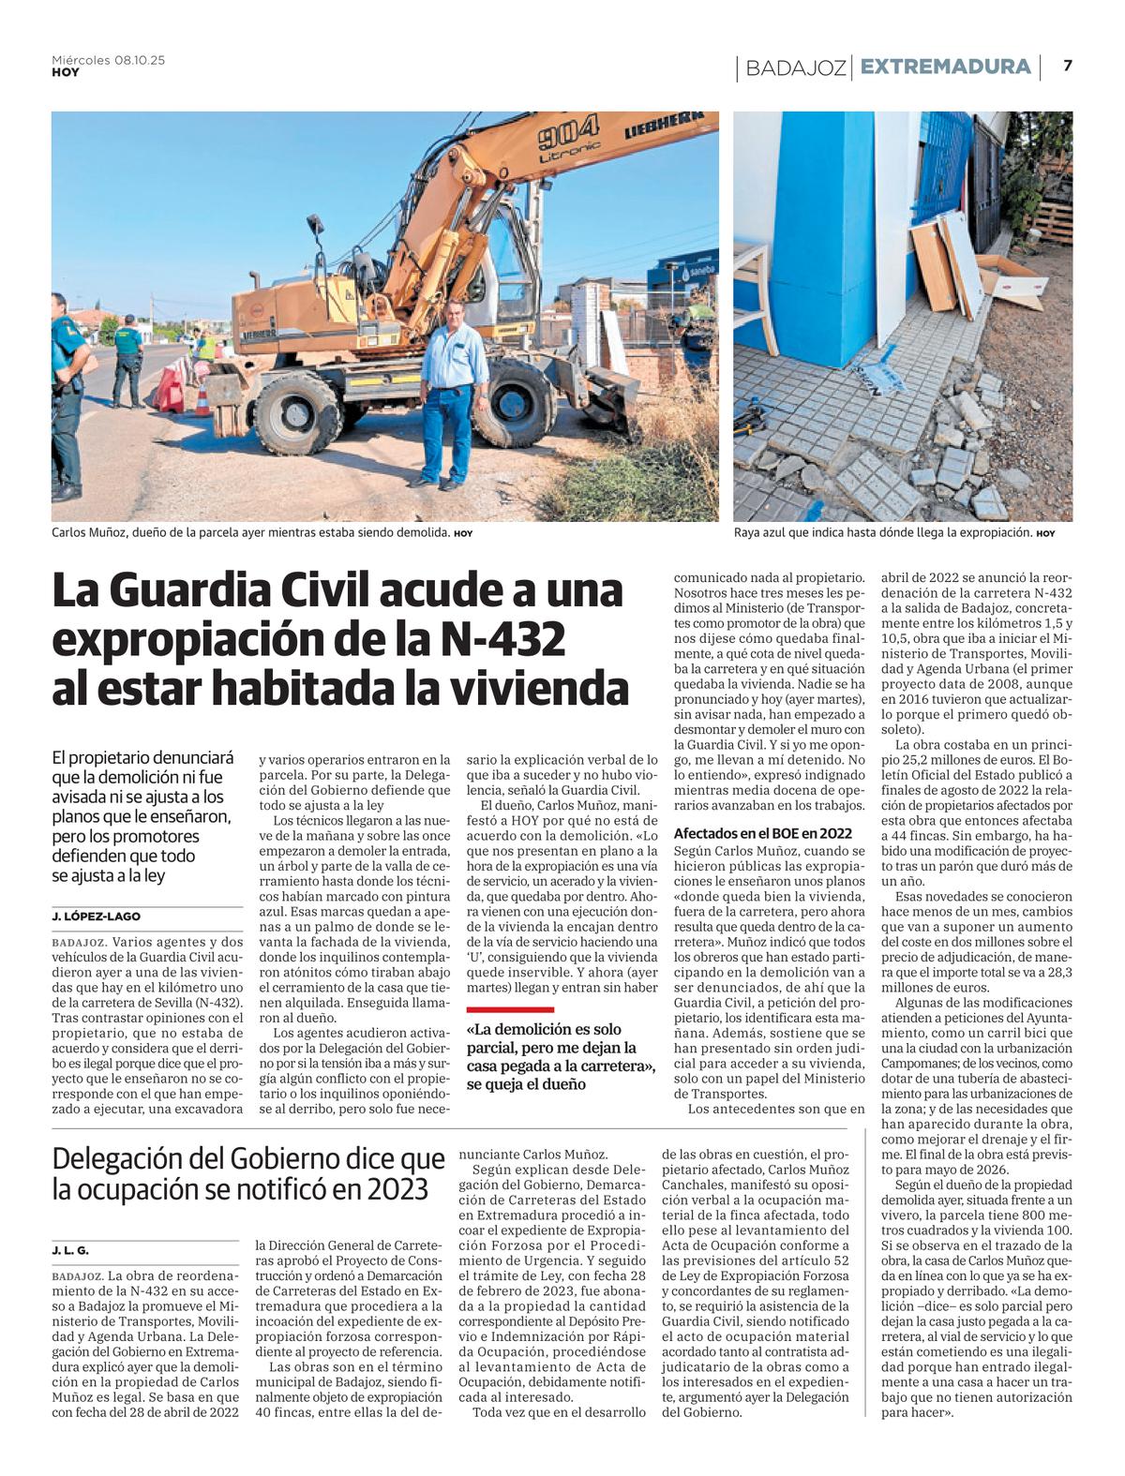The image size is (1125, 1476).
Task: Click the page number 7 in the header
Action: tap(1068, 67)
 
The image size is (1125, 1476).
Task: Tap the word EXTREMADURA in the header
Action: tap(945, 67)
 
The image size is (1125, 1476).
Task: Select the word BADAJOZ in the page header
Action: tap(796, 67)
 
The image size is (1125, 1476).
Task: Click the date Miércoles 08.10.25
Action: tap(108, 60)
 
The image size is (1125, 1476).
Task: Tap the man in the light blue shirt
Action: tap(456, 394)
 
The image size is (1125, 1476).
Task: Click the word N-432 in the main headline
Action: tap(506, 639)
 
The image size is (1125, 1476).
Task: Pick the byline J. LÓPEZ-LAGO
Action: tap(97, 917)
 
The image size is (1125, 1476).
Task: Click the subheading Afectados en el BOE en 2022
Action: tap(762, 832)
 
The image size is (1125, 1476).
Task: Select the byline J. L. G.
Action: tap(70, 1250)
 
